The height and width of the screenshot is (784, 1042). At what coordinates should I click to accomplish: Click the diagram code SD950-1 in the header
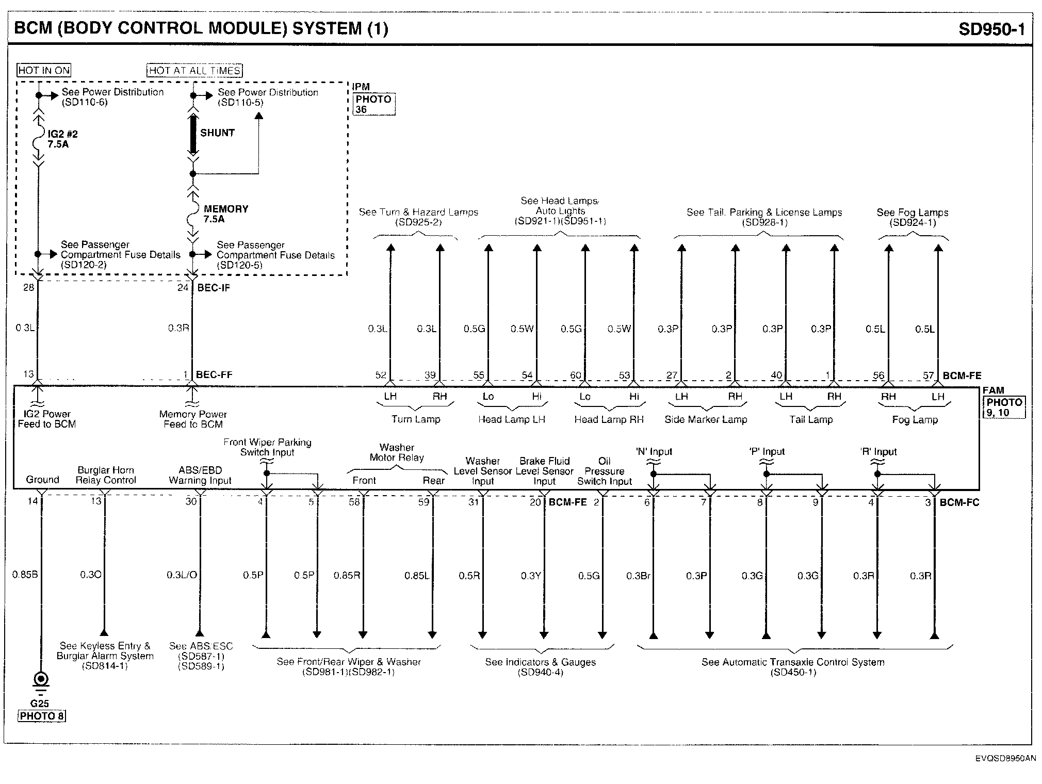(x=991, y=28)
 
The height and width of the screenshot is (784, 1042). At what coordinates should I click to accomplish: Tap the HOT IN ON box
(x=44, y=70)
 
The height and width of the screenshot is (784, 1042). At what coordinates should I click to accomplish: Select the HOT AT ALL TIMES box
(x=194, y=70)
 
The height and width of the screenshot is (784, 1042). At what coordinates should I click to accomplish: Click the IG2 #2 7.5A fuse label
(x=62, y=139)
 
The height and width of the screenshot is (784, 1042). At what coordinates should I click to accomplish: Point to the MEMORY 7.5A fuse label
(x=225, y=214)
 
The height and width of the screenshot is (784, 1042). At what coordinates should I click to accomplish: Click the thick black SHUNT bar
(x=193, y=135)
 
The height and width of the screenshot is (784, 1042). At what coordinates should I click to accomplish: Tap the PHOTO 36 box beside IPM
(x=373, y=104)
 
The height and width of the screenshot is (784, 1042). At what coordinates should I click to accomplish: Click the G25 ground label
(x=39, y=704)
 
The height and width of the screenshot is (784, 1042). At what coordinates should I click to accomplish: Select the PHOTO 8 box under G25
(x=42, y=716)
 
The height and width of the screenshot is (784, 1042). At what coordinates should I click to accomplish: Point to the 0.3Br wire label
(x=638, y=576)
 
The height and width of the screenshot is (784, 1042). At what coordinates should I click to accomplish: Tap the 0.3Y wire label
(x=530, y=576)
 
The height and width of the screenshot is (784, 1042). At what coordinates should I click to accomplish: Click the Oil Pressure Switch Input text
(x=604, y=471)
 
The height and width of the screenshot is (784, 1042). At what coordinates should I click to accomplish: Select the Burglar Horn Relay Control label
(x=106, y=475)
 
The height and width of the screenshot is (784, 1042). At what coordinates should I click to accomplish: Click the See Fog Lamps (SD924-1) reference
(x=912, y=217)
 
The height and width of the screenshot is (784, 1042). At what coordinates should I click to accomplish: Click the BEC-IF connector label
(x=214, y=288)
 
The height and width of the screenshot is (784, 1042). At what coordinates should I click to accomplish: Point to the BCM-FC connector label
(x=959, y=502)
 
